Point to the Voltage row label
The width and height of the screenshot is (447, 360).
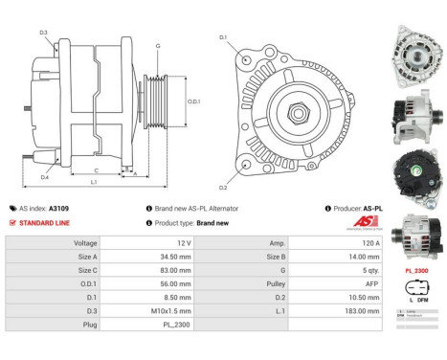[x=85, y=243]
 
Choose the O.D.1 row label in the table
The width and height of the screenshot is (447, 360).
[x=85, y=284]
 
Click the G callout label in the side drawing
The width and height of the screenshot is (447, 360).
[x=158, y=45]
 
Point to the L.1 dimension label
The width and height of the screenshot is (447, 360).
[x=92, y=182]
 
